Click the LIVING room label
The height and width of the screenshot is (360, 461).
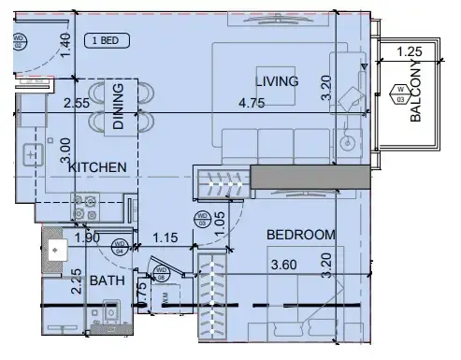pyautogui.click(x=277, y=81)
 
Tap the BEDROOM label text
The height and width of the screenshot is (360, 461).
pyautogui.click(x=300, y=235)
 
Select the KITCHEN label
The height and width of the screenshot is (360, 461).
pyautogui.click(x=97, y=166)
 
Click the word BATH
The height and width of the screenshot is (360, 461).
pyautogui.click(x=107, y=281)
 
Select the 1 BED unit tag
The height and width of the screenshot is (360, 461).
pyautogui.click(x=103, y=40)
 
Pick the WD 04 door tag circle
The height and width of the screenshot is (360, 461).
pyautogui.click(x=120, y=249)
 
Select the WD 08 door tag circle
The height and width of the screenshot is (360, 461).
pyautogui.click(x=161, y=274)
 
